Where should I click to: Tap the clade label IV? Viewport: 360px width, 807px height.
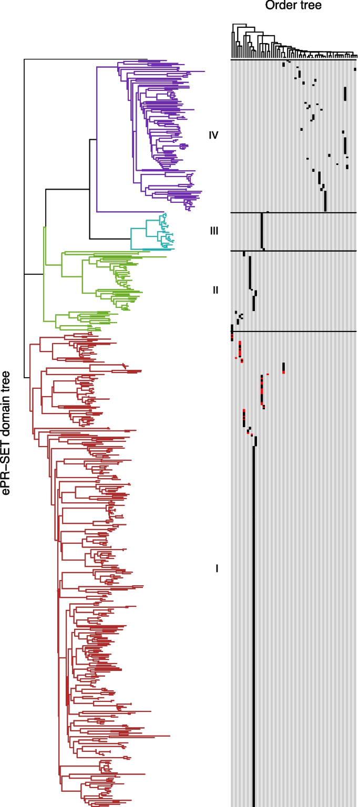point(213,136)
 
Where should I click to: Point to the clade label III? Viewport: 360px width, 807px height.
point(214,231)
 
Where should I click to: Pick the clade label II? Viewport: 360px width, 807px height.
point(215,289)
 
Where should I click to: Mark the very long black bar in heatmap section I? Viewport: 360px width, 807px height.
point(255,630)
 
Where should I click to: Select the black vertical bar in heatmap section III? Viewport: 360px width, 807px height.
point(262,231)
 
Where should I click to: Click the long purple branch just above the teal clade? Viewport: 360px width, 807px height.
point(142,212)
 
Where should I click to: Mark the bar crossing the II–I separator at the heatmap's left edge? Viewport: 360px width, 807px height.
point(232,332)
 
